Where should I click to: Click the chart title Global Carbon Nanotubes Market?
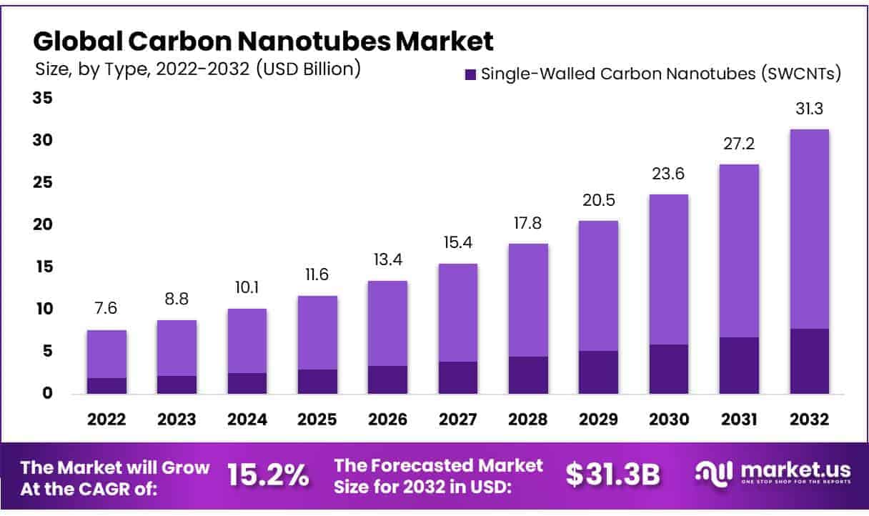(263, 41)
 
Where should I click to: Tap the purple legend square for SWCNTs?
(470, 74)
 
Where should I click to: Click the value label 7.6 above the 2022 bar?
(106, 309)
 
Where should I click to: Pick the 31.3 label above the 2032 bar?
(809, 109)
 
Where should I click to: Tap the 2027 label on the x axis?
(457, 420)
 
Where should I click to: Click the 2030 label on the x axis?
(669, 420)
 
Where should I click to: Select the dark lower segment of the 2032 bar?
(810, 361)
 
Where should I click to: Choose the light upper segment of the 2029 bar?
(598, 286)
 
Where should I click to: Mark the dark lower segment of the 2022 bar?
(106, 385)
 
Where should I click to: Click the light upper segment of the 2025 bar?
(317, 332)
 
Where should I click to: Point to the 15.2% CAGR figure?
(268, 475)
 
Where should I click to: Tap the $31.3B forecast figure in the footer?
(613, 475)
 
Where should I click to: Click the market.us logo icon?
(714, 473)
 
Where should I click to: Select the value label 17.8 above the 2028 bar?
(527, 223)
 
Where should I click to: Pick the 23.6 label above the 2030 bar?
(668, 174)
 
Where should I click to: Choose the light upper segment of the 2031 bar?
(739, 250)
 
